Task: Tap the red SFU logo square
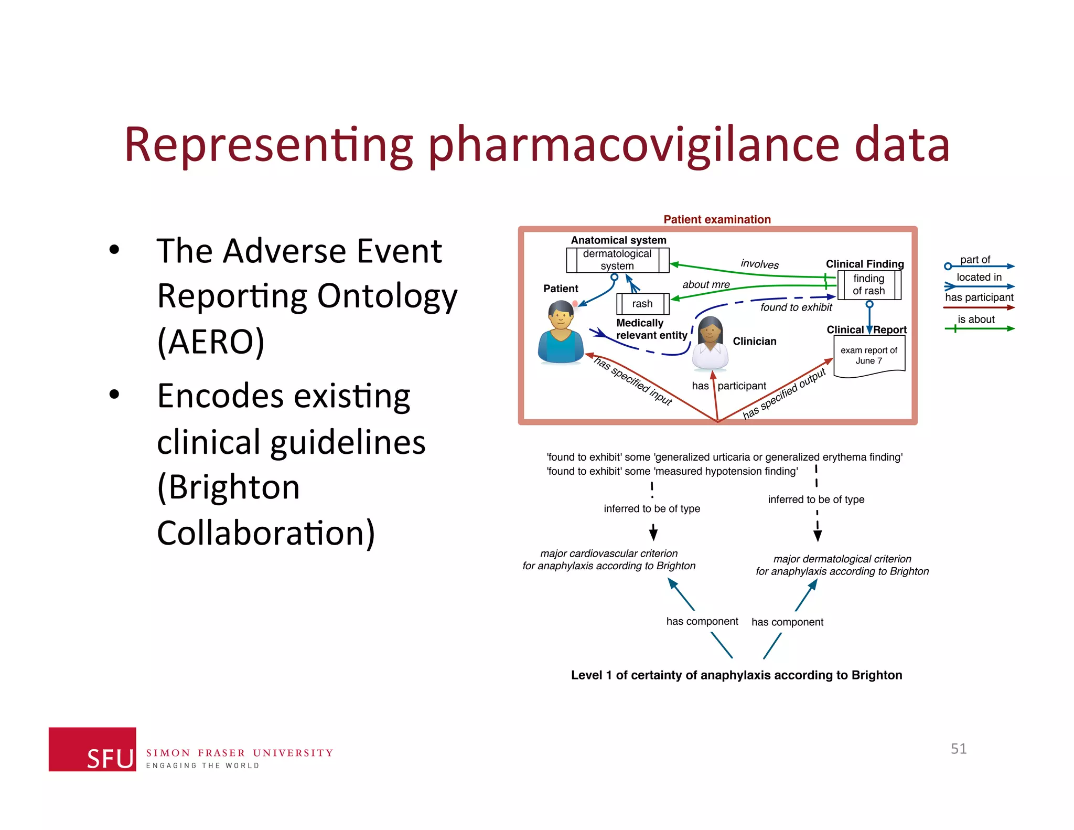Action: point(92,749)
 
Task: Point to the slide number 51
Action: point(958,749)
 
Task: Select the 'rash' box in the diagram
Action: point(642,304)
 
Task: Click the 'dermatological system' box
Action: point(617,260)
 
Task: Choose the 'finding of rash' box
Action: point(868,285)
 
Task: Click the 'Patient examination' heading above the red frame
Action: point(717,219)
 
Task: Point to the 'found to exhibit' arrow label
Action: point(796,307)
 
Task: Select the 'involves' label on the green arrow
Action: point(759,264)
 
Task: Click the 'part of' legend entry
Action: point(975,260)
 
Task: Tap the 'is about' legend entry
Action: point(976,320)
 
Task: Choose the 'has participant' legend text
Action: point(979,297)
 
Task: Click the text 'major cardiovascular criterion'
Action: point(609,554)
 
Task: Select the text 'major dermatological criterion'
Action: point(842,559)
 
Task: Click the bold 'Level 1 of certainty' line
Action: point(736,675)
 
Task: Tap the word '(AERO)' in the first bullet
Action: point(211,342)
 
